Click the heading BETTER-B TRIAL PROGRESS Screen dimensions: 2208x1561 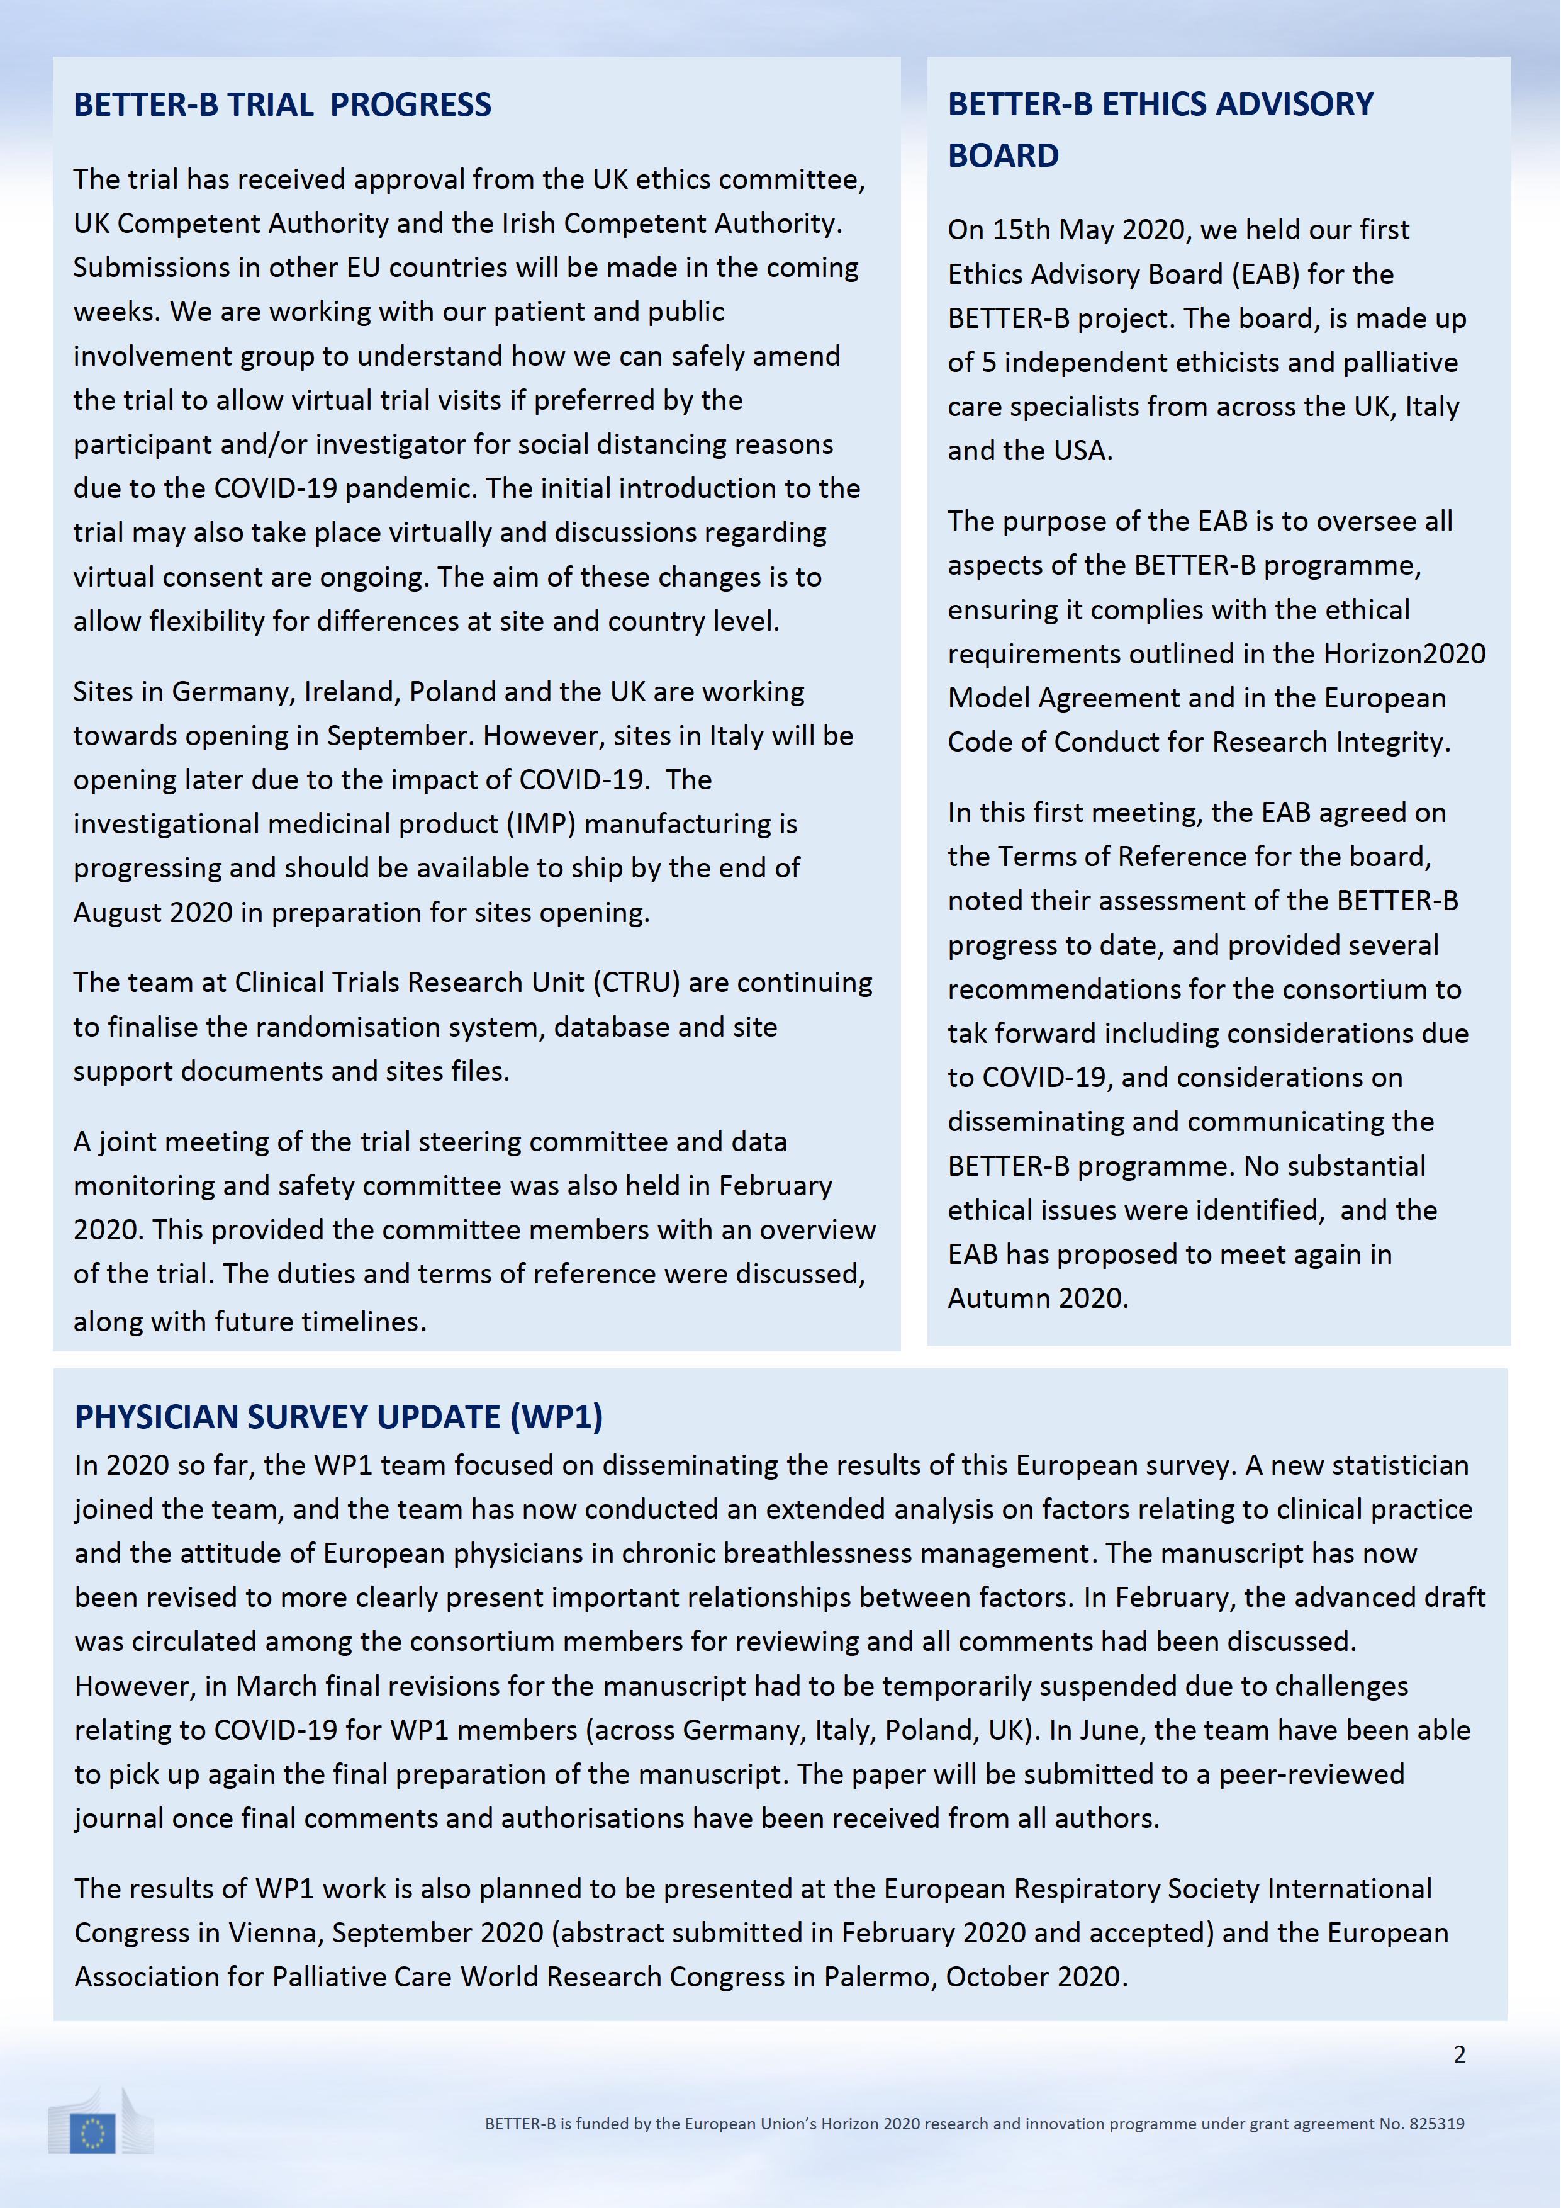pos(282,105)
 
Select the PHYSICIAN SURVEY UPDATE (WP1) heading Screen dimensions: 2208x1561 pos(338,1417)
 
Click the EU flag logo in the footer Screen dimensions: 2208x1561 pos(93,2134)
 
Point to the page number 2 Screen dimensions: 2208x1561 pos(1459,2054)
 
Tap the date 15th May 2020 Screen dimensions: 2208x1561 pos(1067,230)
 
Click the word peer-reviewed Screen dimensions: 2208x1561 pos(1311,1774)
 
